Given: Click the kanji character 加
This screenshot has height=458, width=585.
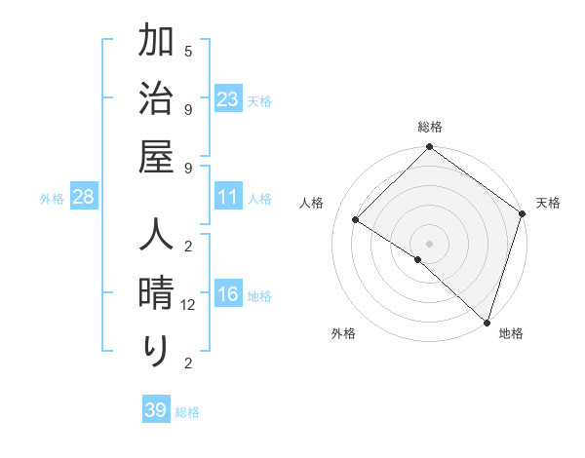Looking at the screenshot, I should point(155,43).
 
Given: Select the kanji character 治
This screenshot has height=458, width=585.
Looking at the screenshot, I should point(155,99).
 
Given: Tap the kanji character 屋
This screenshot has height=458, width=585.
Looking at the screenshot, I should point(155,156).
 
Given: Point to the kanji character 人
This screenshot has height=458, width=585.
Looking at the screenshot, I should point(155,238).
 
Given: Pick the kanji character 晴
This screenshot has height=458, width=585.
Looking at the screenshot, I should point(155,295).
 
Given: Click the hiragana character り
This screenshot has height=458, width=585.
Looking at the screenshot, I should point(155,351).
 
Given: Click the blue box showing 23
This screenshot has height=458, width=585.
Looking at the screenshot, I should point(228,98).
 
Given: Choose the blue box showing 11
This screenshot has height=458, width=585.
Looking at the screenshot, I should point(228,198).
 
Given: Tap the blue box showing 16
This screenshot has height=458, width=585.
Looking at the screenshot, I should point(228,295).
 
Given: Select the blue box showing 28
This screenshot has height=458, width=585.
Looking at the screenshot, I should point(84,198).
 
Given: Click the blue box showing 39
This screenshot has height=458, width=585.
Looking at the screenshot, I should point(156,410).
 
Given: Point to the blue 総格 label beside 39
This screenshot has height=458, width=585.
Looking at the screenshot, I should point(188,412).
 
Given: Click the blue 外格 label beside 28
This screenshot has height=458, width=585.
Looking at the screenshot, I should point(52,199).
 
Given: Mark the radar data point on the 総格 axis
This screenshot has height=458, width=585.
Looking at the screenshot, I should point(429,148).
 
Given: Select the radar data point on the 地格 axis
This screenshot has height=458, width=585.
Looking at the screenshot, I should point(487,322).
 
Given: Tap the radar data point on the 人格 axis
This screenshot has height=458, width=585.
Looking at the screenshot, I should point(356,219).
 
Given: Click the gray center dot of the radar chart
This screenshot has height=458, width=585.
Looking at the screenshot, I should point(429,243).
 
